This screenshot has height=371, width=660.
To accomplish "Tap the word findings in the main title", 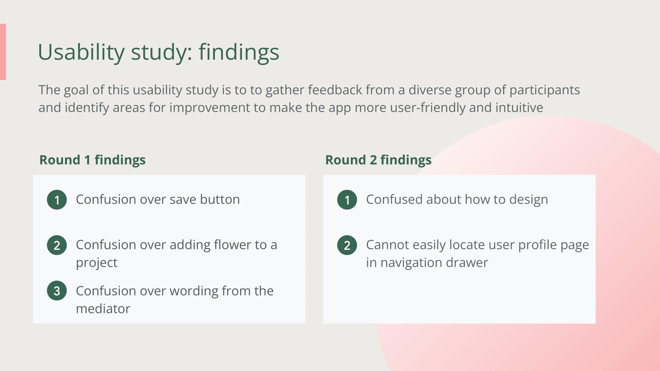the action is pos(239,52).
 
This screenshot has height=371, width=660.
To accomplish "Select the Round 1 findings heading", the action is pos(92,160).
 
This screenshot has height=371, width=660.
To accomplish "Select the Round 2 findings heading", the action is pos(379,160).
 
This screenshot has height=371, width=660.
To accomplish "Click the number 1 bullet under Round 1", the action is pos(57,200).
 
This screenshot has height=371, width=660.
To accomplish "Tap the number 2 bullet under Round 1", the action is pos(57,245).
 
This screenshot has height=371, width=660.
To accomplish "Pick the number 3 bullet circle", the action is pos(57,291).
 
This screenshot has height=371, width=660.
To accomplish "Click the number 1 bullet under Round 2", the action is pos(347,200).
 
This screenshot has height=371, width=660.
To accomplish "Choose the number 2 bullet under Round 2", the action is pos(347,245).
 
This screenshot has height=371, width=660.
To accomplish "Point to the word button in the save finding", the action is pos(220,200).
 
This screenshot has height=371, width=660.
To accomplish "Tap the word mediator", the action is pos(103,309).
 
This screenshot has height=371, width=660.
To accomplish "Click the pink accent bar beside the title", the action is pos(3,52).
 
